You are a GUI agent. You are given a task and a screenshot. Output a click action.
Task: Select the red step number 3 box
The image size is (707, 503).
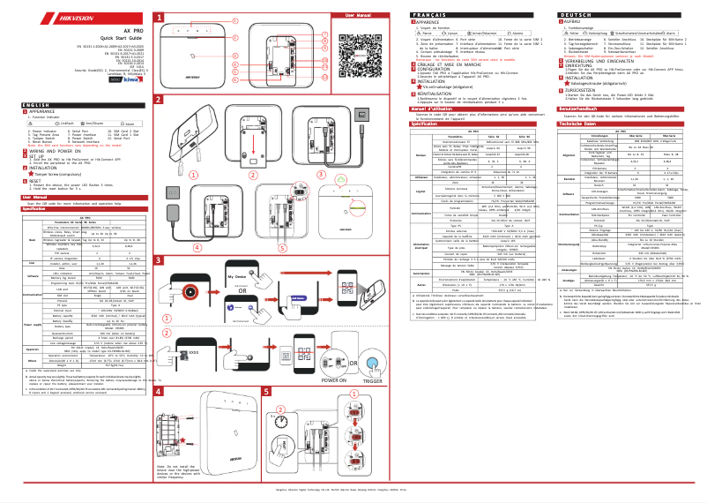159,262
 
